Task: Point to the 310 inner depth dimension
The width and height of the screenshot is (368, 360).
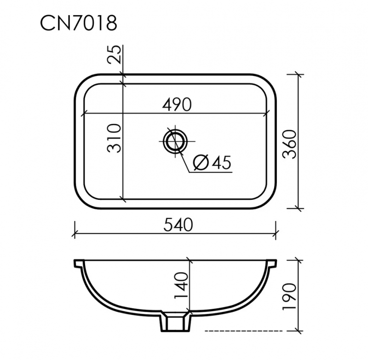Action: click(115, 138)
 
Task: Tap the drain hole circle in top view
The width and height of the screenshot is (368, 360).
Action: click(175, 140)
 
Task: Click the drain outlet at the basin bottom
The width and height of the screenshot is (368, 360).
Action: click(175, 323)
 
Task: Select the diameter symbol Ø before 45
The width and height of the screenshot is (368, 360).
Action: click(200, 163)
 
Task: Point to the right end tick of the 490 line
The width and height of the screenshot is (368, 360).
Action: click(267, 113)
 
